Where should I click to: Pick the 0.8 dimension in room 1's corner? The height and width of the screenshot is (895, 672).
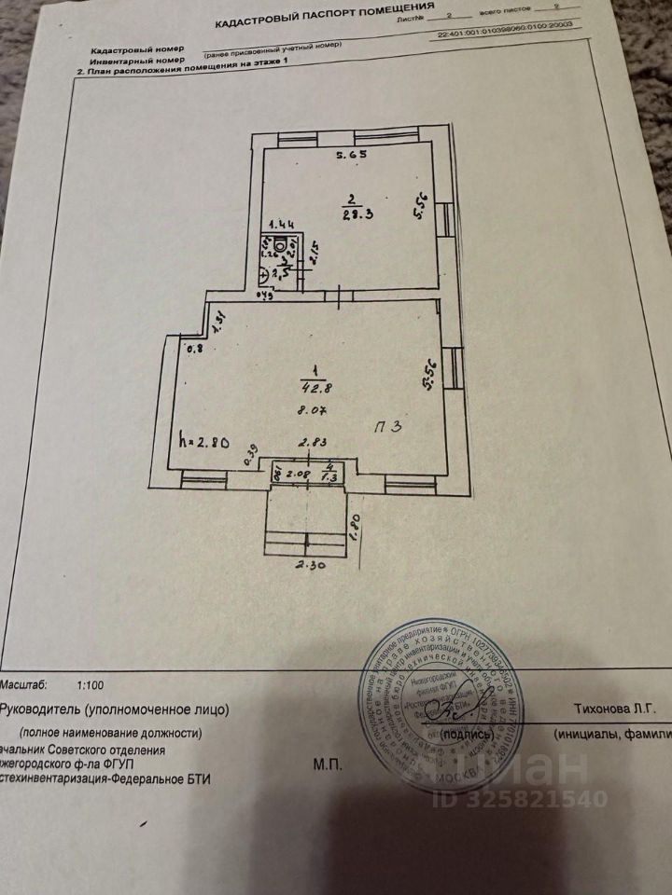195,350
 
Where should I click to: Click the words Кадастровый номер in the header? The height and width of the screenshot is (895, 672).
135,49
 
